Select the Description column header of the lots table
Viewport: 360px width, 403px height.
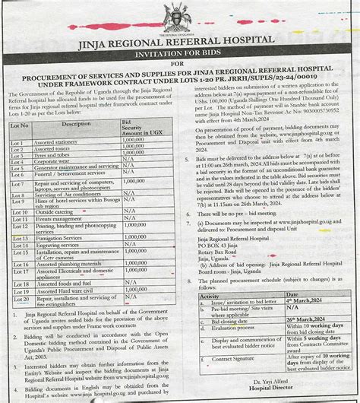[75, 123]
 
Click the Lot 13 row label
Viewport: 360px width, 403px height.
[21, 238]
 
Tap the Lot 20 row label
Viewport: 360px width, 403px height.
[21, 300]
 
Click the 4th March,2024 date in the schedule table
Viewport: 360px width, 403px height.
[306, 302]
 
